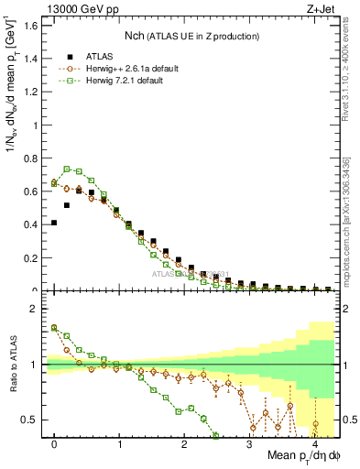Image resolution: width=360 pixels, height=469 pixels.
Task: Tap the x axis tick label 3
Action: tap(250, 443)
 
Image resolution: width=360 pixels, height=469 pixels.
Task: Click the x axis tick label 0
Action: tap(55, 443)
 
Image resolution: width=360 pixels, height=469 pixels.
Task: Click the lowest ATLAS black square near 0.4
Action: tap(54, 223)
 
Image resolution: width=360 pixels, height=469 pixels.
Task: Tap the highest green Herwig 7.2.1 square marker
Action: tap(67, 169)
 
